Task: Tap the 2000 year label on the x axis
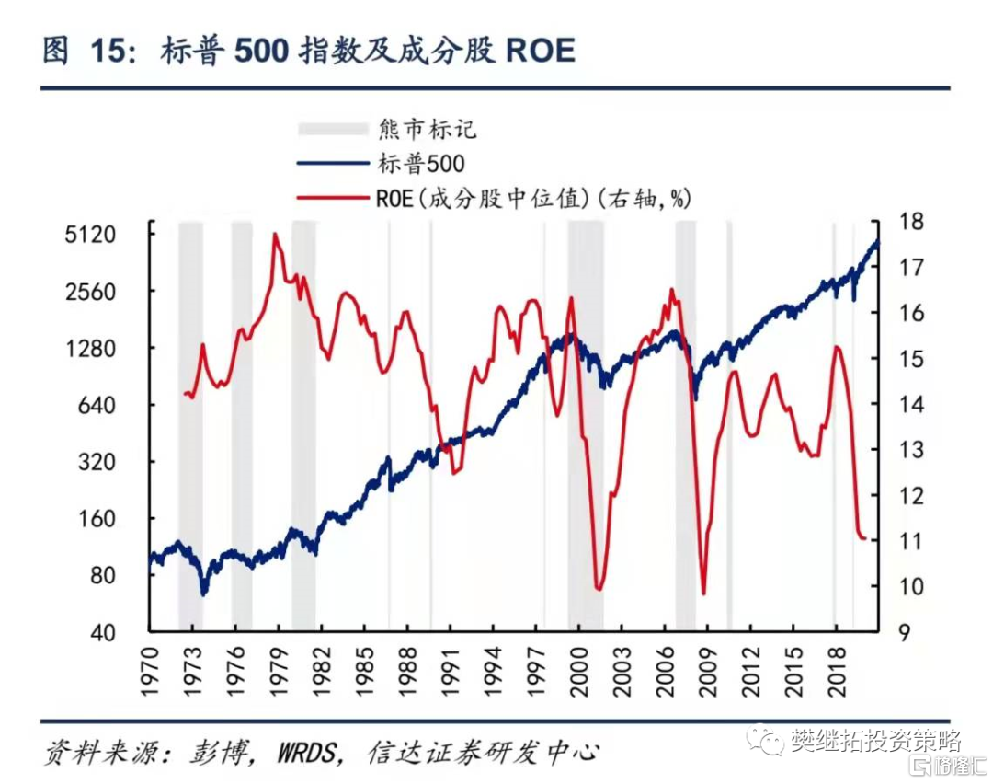(x=579, y=670)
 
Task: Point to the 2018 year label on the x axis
(x=837, y=670)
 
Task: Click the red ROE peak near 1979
(x=275, y=236)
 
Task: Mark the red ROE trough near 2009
(x=703, y=594)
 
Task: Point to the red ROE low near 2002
(x=599, y=589)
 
